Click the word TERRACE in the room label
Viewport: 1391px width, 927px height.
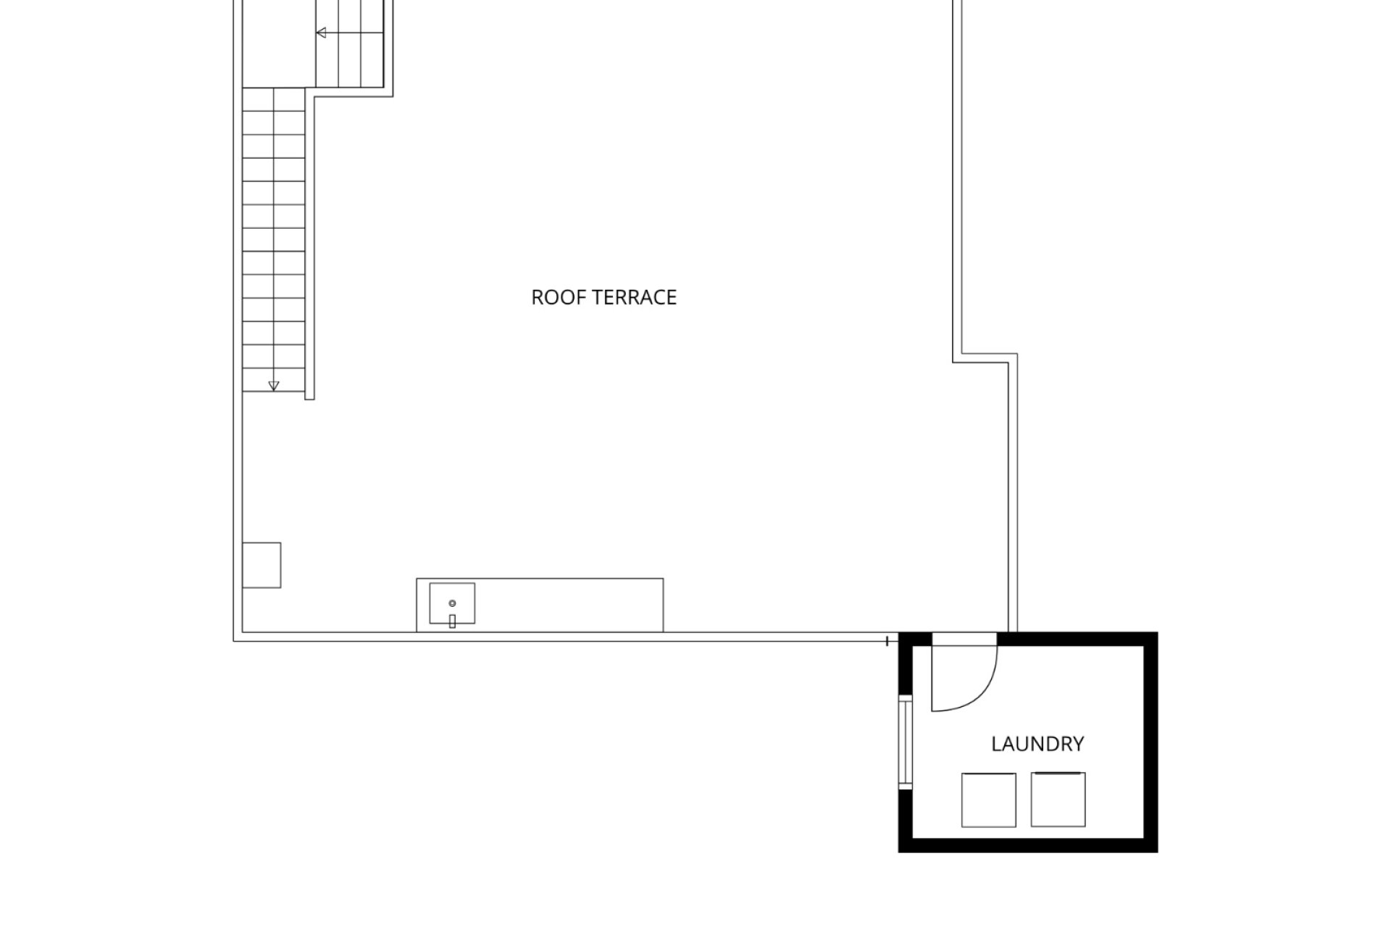click(632, 298)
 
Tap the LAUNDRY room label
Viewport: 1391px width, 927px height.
click(1037, 744)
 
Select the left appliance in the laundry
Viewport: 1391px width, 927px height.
click(989, 800)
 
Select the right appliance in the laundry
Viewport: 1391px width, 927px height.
click(1058, 800)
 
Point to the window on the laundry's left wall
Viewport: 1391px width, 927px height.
click(905, 742)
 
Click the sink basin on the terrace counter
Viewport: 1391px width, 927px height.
click(452, 603)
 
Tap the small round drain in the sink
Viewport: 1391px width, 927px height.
click(452, 603)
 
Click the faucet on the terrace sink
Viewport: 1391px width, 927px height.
click(452, 621)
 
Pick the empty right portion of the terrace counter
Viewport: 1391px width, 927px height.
click(569, 605)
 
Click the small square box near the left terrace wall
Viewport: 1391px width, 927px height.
click(262, 565)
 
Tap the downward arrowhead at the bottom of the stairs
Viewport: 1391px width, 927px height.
click(273, 386)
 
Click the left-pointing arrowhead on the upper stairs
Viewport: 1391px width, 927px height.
click(321, 33)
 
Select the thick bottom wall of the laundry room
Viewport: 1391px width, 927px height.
click(1028, 846)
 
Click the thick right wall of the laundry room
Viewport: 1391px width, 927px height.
click(1151, 742)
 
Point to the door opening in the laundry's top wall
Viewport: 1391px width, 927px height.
click(964, 639)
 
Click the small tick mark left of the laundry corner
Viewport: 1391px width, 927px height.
click(887, 641)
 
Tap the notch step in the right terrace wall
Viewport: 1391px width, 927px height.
click(985, 358)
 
